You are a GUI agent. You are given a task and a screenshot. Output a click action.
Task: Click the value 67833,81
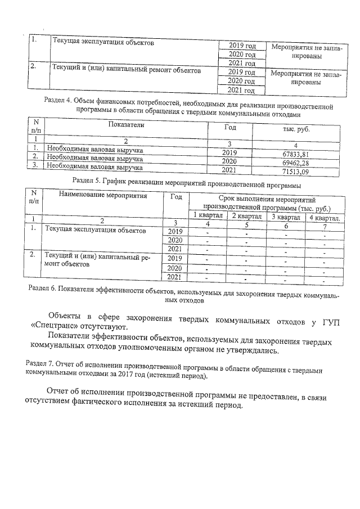click(x=295, y=154)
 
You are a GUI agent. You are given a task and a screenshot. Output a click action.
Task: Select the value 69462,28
click(x=295, y=163)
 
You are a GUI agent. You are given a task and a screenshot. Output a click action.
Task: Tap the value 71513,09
click(x=296, y=171)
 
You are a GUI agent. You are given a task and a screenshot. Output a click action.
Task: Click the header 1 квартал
click(x=208, y=216)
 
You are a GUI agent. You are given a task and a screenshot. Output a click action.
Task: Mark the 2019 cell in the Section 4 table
click(x=229, y=152)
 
